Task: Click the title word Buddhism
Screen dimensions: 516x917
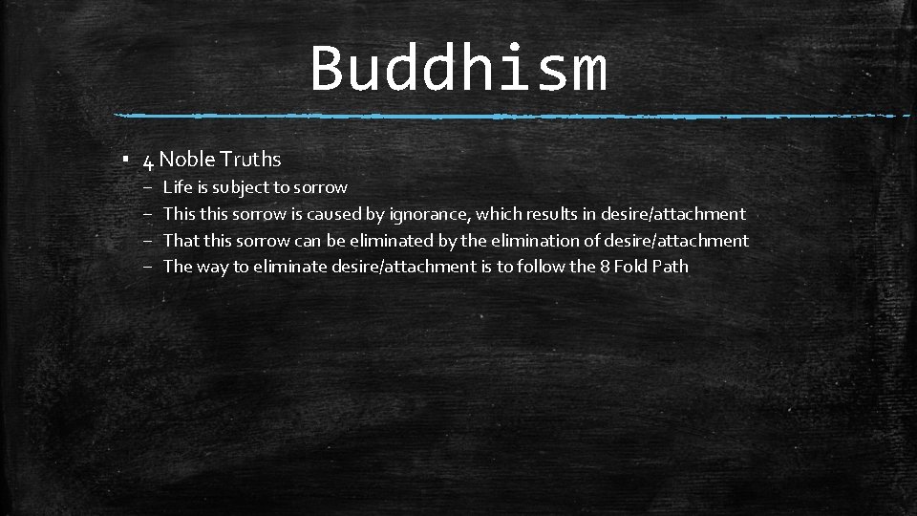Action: (458, 69)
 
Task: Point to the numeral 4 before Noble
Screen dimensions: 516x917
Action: (149, 161)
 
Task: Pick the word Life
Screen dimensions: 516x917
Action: (177, 187)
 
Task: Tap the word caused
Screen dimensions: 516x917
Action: (334, 214)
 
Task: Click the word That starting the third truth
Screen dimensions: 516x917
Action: (180, 241)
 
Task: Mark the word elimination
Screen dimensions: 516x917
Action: (540, 241)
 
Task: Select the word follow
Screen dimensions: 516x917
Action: (542, 267)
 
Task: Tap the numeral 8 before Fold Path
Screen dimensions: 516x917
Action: (605, 267)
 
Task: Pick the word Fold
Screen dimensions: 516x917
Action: (630, 267)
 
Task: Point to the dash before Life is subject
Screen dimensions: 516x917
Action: (149, 188)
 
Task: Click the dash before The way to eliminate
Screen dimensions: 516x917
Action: (149, 268)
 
